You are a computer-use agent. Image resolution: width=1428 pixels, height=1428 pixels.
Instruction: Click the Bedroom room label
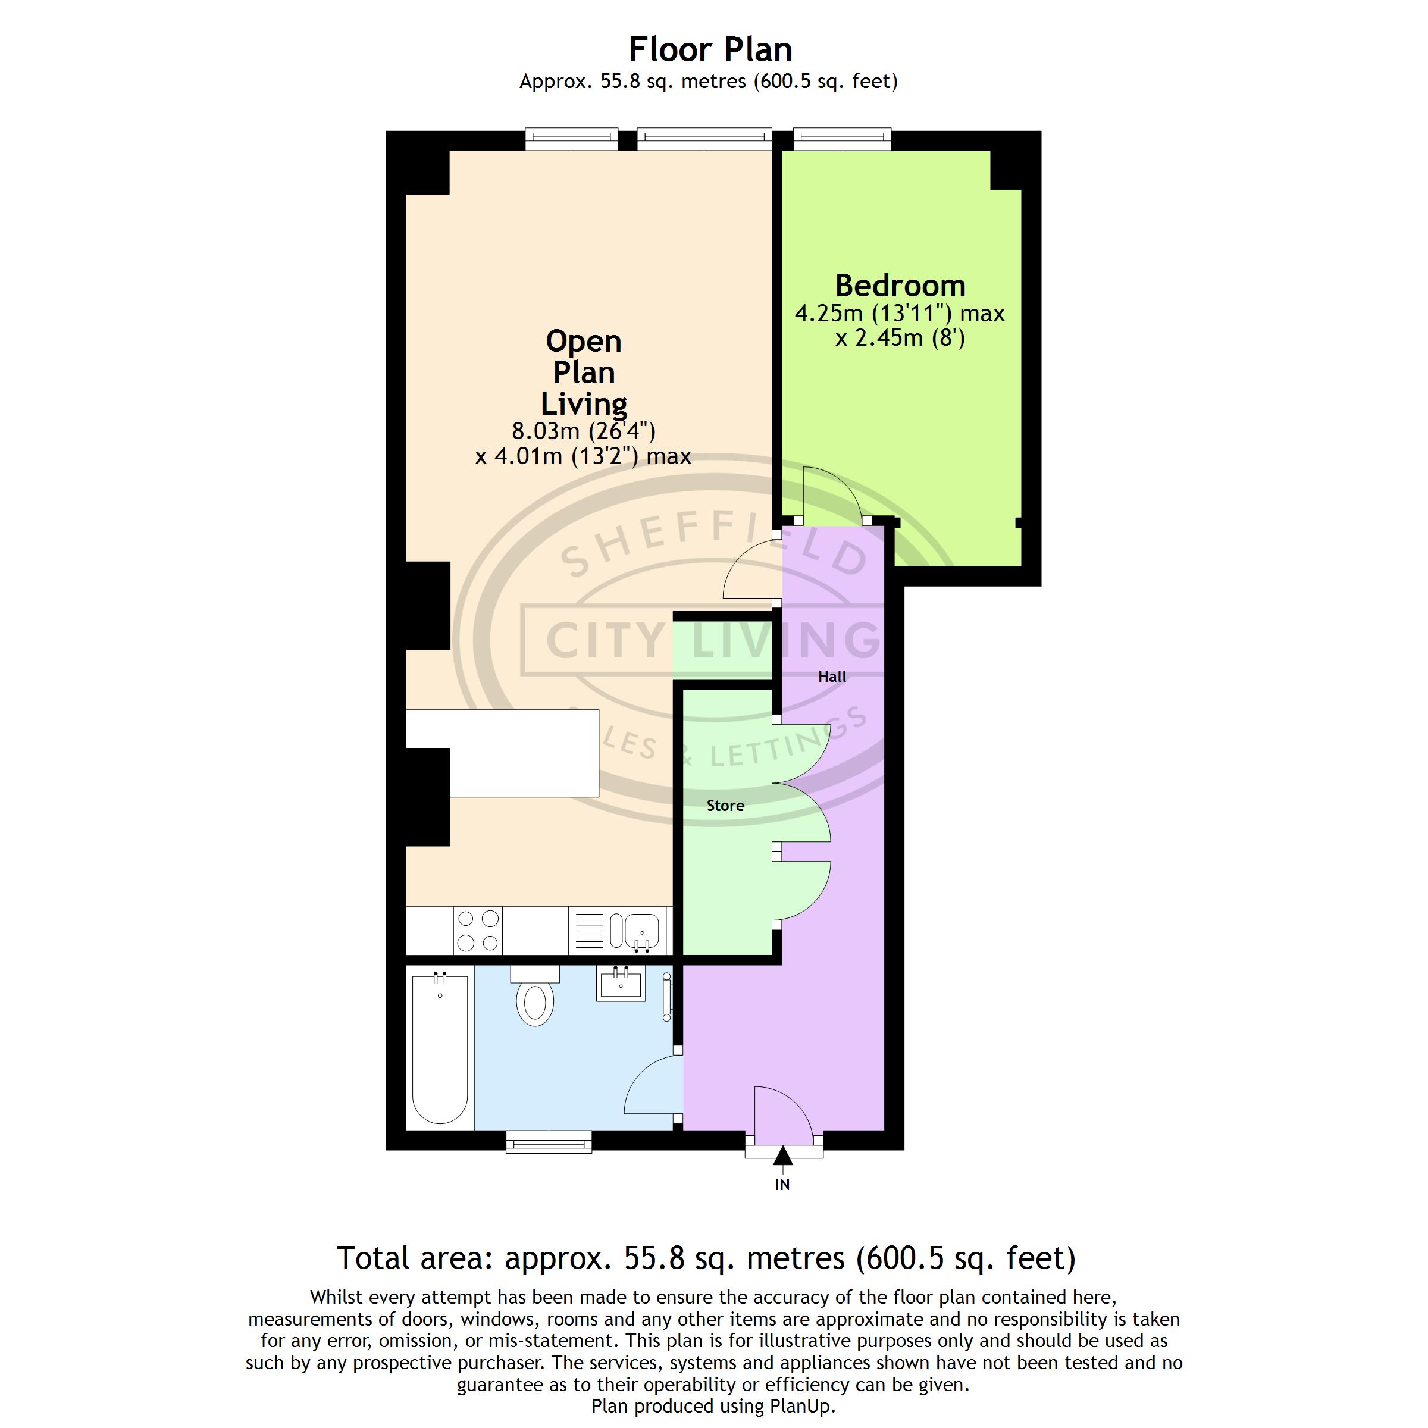pyautogui.click(x=900, y=286)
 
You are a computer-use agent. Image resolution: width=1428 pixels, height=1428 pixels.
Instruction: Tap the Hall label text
pyautogui.click(x=832, y=677)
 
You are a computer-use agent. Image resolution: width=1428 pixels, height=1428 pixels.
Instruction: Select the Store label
pyautogui.click(x=725, y=806)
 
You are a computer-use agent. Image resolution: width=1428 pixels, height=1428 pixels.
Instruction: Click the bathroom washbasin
pyautogui.click(x=621, y=983)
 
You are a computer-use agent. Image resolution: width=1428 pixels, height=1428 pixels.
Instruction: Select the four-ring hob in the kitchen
pyautogui.click(x=477, y=931)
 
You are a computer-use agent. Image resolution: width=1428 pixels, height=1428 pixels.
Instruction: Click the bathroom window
pyautogui.click(x=549, y=1142)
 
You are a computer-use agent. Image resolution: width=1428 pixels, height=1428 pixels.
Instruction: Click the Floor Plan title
pyautogui.click(x=710, y=49)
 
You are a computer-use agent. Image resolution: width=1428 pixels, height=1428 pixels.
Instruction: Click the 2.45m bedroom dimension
pyautogui.click(x=900, y=339)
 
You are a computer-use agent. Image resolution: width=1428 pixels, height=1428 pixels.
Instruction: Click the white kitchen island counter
pyautogui.click(x=503, y=753)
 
